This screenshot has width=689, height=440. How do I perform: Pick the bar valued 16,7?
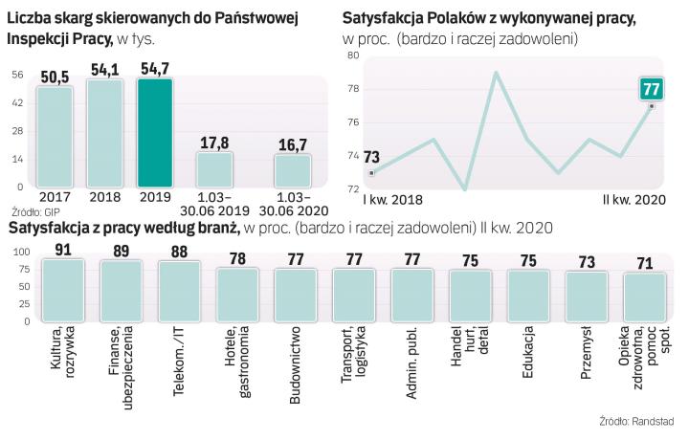pos(293,169)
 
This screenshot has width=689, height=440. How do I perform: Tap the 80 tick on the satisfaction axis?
pos(353,56)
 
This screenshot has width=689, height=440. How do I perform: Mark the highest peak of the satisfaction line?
pos(497,73)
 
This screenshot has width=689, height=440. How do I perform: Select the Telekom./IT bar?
pos(178,289)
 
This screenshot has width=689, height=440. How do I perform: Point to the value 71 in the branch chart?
pos(645,264)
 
